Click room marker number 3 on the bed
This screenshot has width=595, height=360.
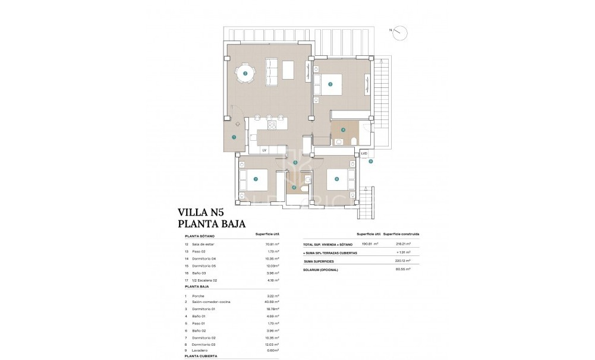pos(330,84)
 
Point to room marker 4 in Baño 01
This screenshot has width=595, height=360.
pos(343,130)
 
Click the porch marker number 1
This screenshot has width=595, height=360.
pos(234,137)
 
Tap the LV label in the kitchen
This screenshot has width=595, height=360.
pos(264,151)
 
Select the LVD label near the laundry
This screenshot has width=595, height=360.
pos(364,153)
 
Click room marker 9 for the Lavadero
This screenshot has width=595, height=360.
pos(370,161)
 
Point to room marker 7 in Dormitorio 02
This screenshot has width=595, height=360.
pos(256,179)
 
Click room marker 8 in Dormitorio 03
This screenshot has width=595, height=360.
pos(336,178)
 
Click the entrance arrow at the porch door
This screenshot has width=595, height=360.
pos(237,123)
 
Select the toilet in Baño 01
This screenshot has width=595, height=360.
pos(354,140)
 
